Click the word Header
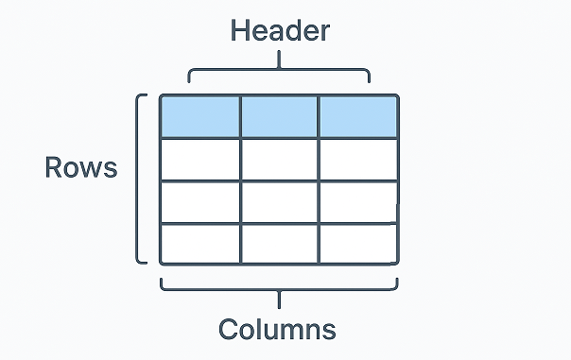pos(280,30)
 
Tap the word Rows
pos(81,167)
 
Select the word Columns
pos(278,329)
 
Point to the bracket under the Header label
pos(279,69)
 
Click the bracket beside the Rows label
pos(141,178)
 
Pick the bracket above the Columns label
pos(279,289)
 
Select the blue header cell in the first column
pos(200,116)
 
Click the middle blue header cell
pos(279,116)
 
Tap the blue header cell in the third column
pos(357,116)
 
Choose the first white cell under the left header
pos(200,159)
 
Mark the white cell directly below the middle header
pos(279,159)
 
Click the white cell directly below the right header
pos(357,159)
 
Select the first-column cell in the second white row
pos(200,201)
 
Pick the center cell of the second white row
pos(279,201)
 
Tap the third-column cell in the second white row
pos(357,201)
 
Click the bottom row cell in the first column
pos(200,244)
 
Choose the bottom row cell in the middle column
pos(279,244)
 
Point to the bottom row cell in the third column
pos(357,244)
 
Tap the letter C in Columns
pos(229,329)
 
